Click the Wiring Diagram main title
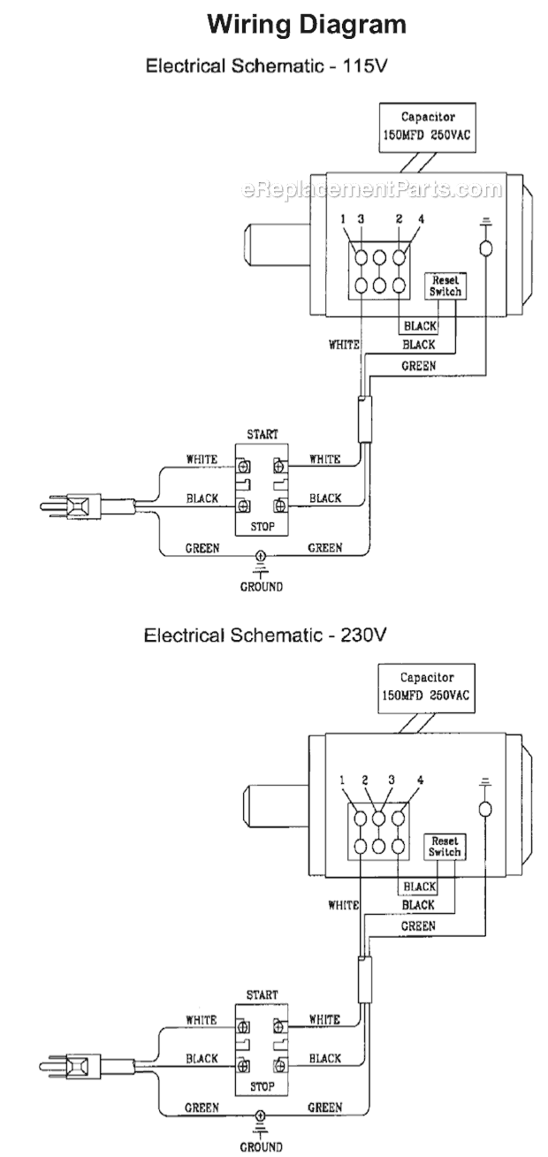point(306,25)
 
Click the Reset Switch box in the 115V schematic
point(445,285)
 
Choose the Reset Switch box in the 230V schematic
point(444,847)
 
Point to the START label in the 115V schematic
point(263,435)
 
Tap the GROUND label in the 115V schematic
point(261,586)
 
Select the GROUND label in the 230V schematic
point(261,1147)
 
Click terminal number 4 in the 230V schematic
point(420,780)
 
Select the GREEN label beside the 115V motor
point(418,364)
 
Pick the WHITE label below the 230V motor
point(344,905)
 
